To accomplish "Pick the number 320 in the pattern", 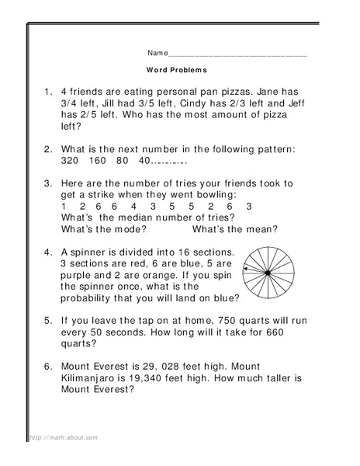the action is pyautogui.click(x=69, y=162).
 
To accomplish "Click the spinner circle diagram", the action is pyautogui.click(x=267, y=273).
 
